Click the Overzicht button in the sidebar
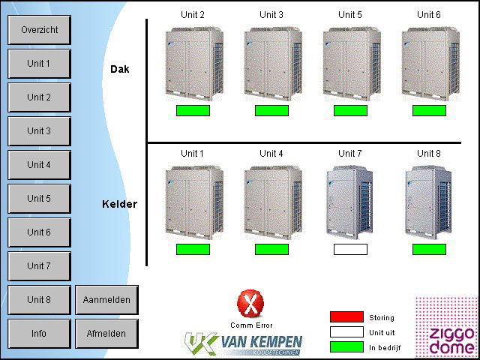pos(39,30)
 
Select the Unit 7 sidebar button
pos(39,266)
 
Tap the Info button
pos(39,334)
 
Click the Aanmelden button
pos(106,300)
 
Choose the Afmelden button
pos(106,334)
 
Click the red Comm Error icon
pos(250,304)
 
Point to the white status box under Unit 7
pos(350,249)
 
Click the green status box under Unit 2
pos(193,110)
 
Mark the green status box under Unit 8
pos(429,249)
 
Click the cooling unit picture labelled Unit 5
pos(350,63)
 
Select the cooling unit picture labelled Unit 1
pos(193,202)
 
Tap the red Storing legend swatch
pos(346,317)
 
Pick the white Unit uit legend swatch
pos(346,332)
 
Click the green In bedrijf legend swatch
pos(346,346)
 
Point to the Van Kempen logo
pos(244,343)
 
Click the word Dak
pos(120,69)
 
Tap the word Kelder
pos(120,204)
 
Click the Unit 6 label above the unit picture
pos(429,14)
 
